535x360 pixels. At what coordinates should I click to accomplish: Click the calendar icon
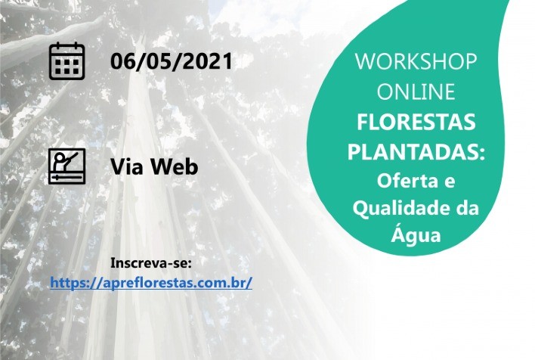click(x=67, y=61)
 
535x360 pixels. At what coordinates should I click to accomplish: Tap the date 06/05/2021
click(x=171, y=61)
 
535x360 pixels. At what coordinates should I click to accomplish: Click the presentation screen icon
click(x=67, y=165)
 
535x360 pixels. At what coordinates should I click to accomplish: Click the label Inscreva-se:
click(x=151, y=263)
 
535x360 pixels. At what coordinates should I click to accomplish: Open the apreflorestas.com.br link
click(x=151, y=283)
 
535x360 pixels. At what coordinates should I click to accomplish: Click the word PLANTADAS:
click(x=415, y=152)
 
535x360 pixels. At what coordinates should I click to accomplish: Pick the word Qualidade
click(x=404, y=208)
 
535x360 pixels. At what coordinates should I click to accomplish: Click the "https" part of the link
click(x=69, y=283)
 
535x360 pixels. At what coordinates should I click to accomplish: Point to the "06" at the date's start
click(x=122, y=61)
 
